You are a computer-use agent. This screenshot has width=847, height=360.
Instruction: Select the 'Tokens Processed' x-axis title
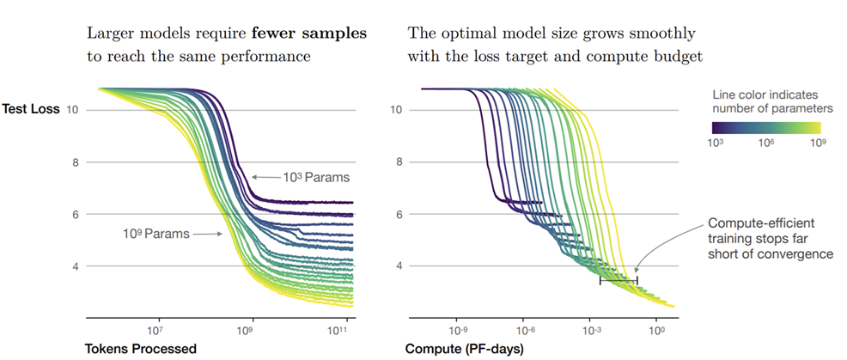click(140, 349)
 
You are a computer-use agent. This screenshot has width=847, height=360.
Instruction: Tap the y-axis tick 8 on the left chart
click(76, 162)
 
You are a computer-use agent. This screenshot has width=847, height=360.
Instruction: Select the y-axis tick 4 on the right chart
click(398, 266)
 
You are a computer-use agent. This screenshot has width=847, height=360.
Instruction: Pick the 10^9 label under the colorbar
click(816, 143)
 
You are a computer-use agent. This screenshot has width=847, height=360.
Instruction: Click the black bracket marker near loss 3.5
click(618, 280)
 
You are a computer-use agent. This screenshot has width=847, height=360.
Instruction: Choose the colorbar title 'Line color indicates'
click(767, 92)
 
